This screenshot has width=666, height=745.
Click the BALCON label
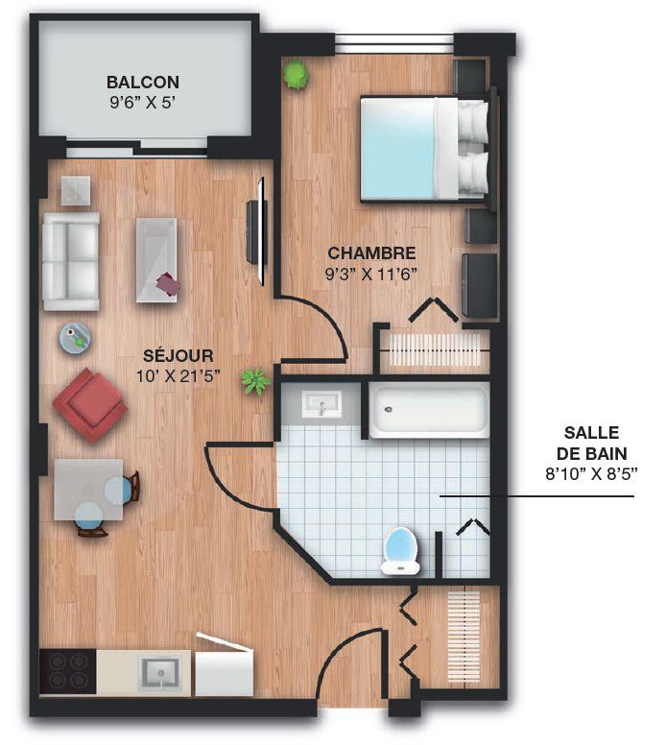143,83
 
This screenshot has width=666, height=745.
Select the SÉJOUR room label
178,355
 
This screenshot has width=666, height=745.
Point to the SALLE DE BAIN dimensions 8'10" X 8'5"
590,473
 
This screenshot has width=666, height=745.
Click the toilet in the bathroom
401,551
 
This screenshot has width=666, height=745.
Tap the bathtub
429,410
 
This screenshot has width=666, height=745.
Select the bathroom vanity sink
322,405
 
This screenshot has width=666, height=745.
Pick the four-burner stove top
67,671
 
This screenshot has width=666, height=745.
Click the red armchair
90,405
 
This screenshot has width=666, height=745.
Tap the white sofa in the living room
71,261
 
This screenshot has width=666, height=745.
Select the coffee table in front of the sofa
156,260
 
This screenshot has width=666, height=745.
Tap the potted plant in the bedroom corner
296,75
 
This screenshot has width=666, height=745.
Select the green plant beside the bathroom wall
255,381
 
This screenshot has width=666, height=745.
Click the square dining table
89,490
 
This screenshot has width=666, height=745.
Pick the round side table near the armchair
75,337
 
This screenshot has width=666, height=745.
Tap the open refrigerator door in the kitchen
224,641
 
